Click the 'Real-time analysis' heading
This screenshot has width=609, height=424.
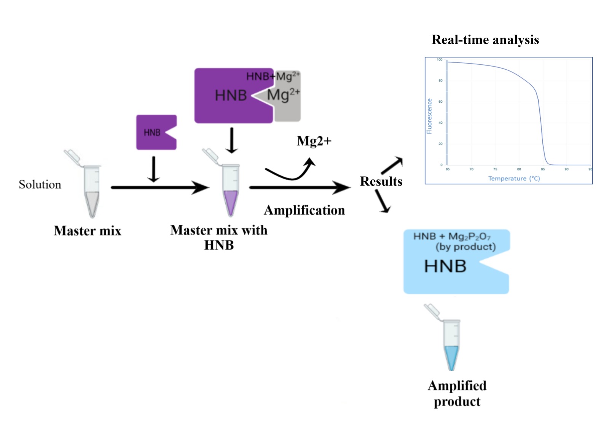click(485, 40)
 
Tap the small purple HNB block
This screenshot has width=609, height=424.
click(154, 132)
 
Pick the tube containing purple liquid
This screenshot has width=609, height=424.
click(230, 190)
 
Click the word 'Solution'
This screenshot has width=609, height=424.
click(40, 185)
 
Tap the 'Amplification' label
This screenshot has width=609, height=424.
click(304, 210)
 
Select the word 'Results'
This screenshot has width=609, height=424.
click(381, 182)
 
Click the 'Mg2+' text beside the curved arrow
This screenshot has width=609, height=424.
click(314, 141)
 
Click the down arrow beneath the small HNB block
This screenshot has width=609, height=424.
click(153, 169)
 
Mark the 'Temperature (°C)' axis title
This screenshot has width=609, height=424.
click(514, 179)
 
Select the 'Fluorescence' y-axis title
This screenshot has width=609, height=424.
click(429, 116)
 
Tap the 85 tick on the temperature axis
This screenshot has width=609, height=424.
click(543, 169)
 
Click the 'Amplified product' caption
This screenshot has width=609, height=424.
click(457, 394)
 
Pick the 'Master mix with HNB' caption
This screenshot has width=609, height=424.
click(219, 238)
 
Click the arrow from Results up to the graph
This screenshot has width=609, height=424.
click(392, 165)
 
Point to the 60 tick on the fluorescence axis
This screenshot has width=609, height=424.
click(440, 102)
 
